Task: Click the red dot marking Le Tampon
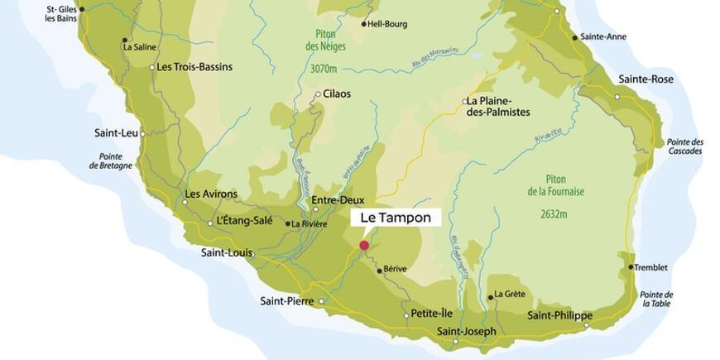point(364,245)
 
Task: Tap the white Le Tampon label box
point(396,218)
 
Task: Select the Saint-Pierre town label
point(286,300)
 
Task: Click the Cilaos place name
point(337,94)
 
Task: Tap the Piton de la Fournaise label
point(555,185)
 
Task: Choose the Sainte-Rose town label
point(646,79)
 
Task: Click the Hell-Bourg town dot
point(364,24)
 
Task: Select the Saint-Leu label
point(115,132)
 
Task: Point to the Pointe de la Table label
point(656,300)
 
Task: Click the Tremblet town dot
point(631,267)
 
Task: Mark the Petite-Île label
point(432,314)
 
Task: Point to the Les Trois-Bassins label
point(194,67)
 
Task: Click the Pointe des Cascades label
point(684,146)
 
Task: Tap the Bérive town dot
point(380,271)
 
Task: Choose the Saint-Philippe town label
point(559,315)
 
